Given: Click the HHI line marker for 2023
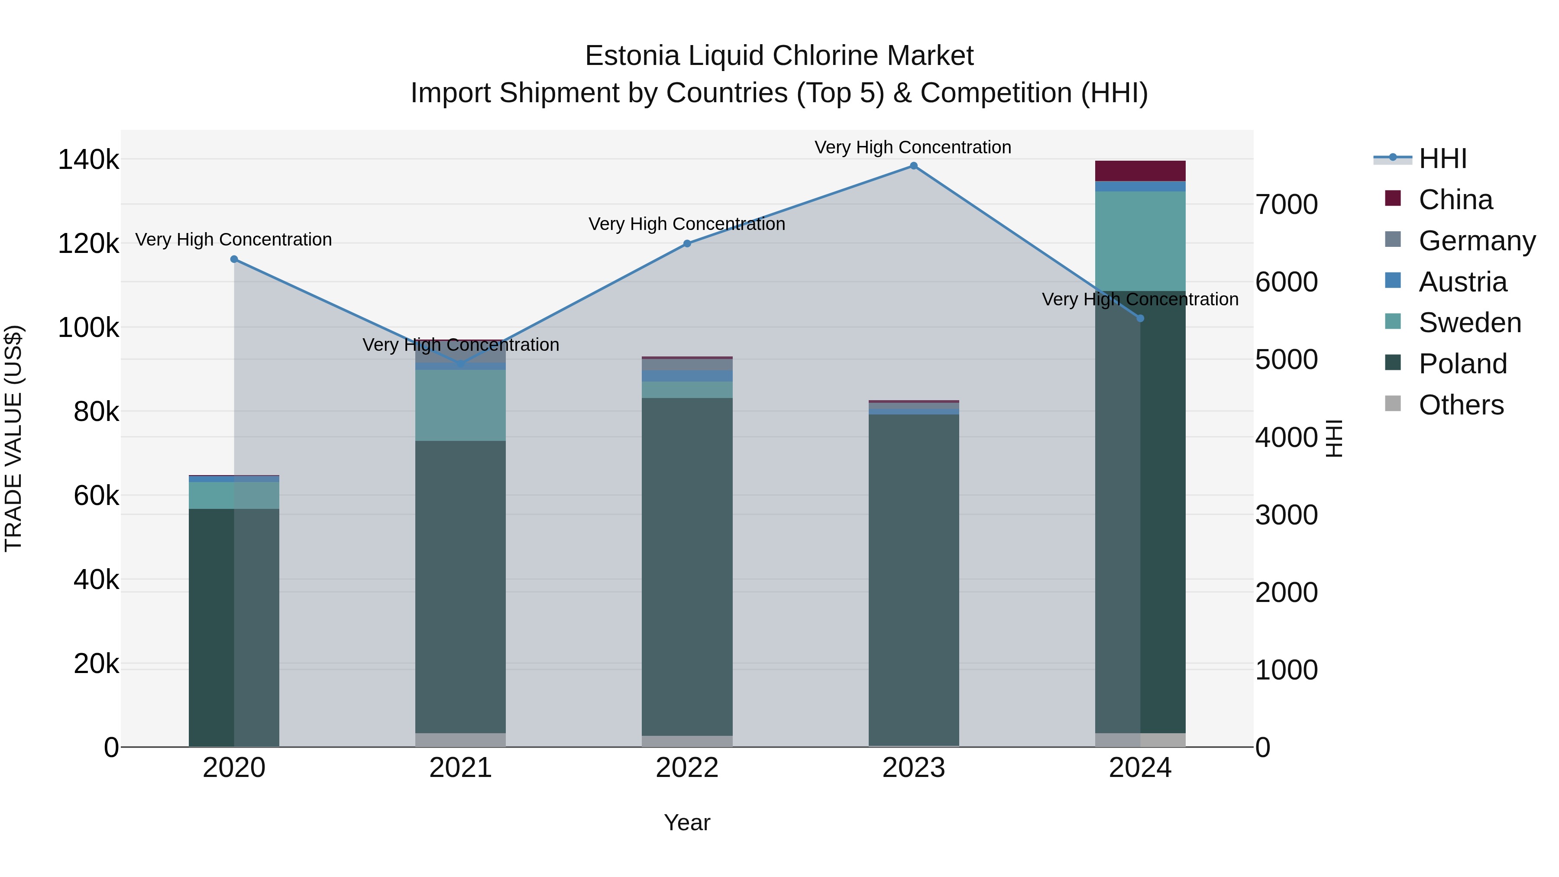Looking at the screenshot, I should [913, 166].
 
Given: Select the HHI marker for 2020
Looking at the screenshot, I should [234, 259].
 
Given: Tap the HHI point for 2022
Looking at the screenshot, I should [687, 243].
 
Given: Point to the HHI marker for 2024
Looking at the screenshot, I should [1140, 318].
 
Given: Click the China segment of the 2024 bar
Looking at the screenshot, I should [1140, 171].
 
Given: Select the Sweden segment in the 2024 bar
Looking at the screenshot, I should [1140, 241].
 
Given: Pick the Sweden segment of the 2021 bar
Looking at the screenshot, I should [461, 405].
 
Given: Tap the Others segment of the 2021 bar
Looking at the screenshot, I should [461, 740].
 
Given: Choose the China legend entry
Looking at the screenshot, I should [1455, 200].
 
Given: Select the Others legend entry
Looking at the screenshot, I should [1461, 405].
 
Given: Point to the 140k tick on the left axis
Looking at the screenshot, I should [88, 160].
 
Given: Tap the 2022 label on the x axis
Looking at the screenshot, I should [687, 768].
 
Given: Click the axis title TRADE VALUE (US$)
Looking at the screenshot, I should [13, 438].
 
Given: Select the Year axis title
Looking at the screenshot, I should [687, 822].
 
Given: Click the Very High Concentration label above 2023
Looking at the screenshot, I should [912, 147].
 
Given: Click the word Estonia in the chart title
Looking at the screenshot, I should [632, 56].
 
